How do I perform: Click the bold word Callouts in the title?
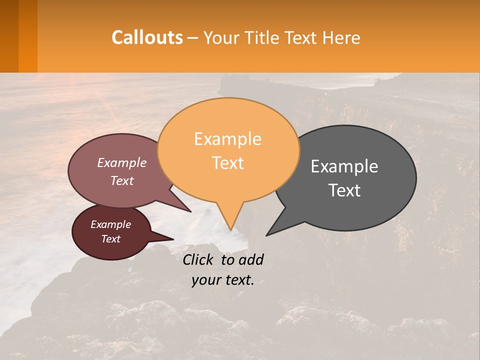147,37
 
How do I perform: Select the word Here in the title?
341,38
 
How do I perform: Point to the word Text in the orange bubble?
227,162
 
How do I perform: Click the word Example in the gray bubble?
344,166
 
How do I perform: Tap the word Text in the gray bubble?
344,190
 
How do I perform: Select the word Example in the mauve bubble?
121,162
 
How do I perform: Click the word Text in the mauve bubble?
121,180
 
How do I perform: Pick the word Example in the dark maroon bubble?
110,224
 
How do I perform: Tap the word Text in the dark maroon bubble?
110,239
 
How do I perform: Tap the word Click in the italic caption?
199,259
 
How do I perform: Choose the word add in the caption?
251,259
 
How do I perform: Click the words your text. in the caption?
223,280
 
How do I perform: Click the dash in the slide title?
193,38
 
